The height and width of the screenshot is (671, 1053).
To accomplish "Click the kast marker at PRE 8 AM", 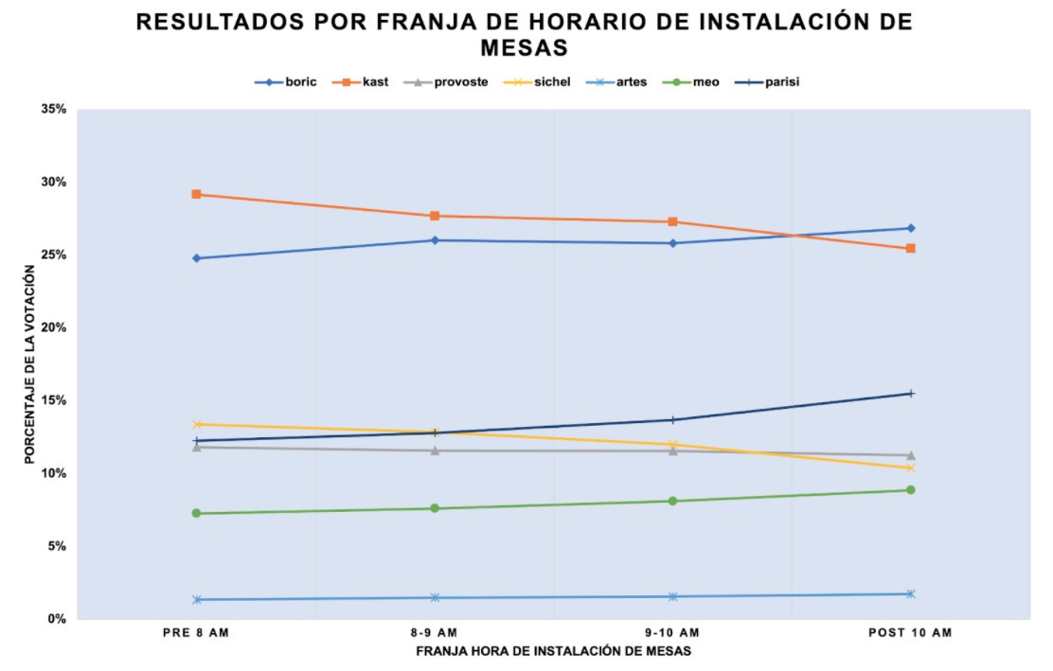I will pyautogui.click(x=196, y=194).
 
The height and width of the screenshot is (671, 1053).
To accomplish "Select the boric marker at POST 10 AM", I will pyautogui.click(x=911, y=228).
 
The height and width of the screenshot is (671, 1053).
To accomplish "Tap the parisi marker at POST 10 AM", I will pyautogui.click(x=911, y=394).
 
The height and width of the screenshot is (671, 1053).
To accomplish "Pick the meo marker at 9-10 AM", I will pyautogui.click(x=672, y=501).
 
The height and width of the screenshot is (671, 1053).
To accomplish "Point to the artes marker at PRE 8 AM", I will pyautogui.click(x=196, y=599).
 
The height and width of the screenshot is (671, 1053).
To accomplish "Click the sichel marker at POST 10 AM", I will pyautogui.click(x=911, y=468).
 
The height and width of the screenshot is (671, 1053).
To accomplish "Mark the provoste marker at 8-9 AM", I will pyautogui.click(x=435, y=450).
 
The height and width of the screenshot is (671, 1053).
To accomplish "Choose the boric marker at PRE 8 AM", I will pyautogui.click(x=196, y=258).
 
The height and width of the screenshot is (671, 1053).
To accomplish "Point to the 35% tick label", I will pyautogui.click(x=53, y=110).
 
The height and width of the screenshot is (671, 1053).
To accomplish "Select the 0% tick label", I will pyautogui.click(x=57, y=619).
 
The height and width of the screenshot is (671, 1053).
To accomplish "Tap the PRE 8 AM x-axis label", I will pyautogui.click(x=196, y=632).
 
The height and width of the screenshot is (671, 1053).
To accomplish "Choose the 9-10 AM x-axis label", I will pyautogui.click(x=672, y=632).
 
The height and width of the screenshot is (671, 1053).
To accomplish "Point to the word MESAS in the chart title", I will pyautogui.click(x=525, y=46).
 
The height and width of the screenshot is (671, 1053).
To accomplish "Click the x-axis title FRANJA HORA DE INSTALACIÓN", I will pyautogui.click(x=553, y=651).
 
